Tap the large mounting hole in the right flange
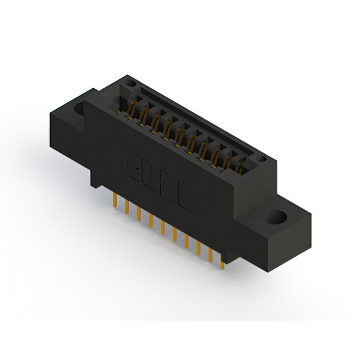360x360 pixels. click(x=279, y=216)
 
